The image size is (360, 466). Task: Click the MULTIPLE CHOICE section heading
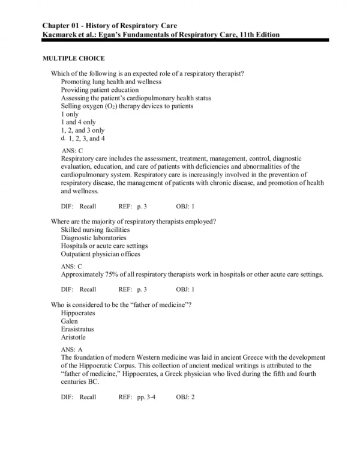[73, 58]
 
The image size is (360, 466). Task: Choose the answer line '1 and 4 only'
[79, 122]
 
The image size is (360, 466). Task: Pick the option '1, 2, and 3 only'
[83, 130]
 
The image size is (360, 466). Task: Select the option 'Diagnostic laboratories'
[94, 238]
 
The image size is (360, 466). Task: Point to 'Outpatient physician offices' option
[100, 254]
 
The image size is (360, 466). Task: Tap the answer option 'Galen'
[70, 321]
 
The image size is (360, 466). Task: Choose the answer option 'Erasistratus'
[77, 329]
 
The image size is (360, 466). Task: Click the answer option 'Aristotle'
[74, 337]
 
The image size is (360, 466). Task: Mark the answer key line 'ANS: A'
[72, 349]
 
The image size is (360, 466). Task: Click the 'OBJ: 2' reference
[185, 397]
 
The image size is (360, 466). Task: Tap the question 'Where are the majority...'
[133, 221]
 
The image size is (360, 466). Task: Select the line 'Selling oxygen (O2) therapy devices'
[127, 106]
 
